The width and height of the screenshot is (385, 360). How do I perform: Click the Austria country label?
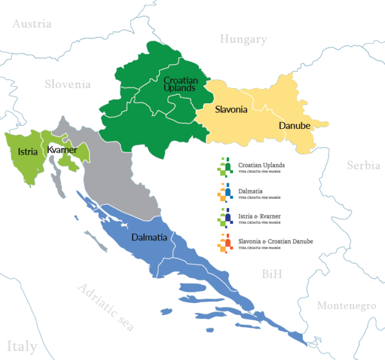[32, 24]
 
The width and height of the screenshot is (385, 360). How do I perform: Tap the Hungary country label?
[243, 39]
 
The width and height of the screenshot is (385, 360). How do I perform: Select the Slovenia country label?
[68, 84]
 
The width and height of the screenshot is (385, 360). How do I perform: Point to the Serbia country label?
[363, 165]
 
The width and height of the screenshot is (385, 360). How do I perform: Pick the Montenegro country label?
[346, 305]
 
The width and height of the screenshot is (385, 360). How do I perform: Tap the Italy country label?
[22, 345]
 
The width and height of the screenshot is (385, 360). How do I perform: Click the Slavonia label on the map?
[231, 110]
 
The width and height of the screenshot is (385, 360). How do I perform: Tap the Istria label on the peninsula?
[28, 151]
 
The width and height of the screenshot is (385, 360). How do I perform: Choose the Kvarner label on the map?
[62, 150]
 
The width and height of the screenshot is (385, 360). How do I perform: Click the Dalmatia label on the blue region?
[149, 238]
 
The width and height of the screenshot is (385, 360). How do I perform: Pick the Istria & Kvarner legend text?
[260, 217]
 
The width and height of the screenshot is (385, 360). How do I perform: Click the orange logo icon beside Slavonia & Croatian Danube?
[224, 243]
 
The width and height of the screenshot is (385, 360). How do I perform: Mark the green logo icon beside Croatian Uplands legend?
[224, 167]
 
